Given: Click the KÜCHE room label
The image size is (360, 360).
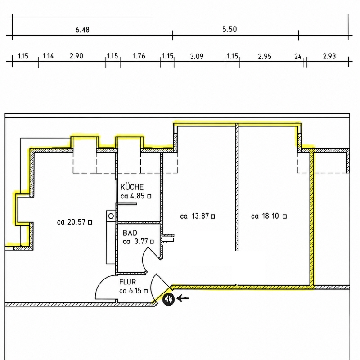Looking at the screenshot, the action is [132, 187].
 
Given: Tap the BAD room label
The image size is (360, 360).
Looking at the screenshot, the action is [130, 233].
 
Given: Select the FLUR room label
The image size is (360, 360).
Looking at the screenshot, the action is [127, 282].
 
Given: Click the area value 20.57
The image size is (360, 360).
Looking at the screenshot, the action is [76, 222].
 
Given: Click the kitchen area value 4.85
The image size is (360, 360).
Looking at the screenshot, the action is [137, 196].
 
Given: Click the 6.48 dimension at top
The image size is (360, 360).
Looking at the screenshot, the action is [82, 30].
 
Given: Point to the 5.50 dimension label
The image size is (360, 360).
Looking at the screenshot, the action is [229, 29].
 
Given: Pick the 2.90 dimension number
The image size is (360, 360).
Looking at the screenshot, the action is [76, 56].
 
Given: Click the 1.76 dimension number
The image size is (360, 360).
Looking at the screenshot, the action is [139, 56].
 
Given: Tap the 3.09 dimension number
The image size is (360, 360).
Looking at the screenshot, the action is [197, 56].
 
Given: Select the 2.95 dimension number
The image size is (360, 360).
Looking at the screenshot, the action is [265, 56].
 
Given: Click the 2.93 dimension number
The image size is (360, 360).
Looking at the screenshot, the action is [329, 56].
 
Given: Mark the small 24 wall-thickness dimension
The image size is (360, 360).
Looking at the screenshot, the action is [298, 56].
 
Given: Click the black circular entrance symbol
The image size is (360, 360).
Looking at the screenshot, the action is [168, 299].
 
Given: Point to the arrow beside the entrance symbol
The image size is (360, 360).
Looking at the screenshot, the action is [183, 298].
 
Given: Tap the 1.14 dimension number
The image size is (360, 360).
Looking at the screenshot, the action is [48, 56].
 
